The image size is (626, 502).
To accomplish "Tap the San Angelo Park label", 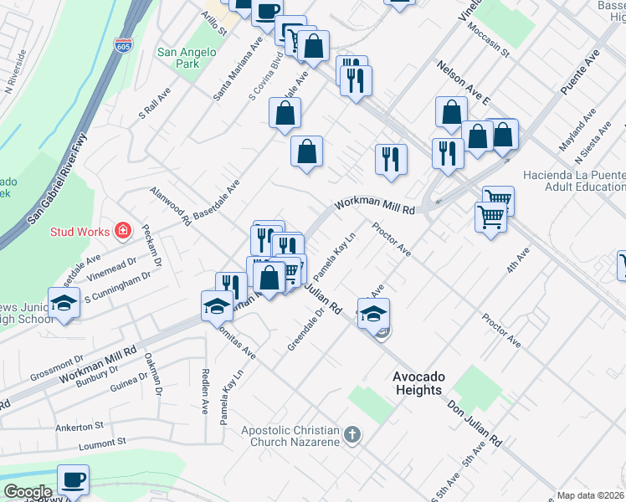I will tap(187, 58).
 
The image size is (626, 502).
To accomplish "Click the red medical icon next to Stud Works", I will tap(123, 229).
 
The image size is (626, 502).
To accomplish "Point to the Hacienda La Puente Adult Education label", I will tap(573, 182).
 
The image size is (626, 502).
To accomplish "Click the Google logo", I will tap(27, 492).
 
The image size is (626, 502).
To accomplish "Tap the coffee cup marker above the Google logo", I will tap(74, 480).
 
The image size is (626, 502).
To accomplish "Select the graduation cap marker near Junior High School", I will tap(64, 305).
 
